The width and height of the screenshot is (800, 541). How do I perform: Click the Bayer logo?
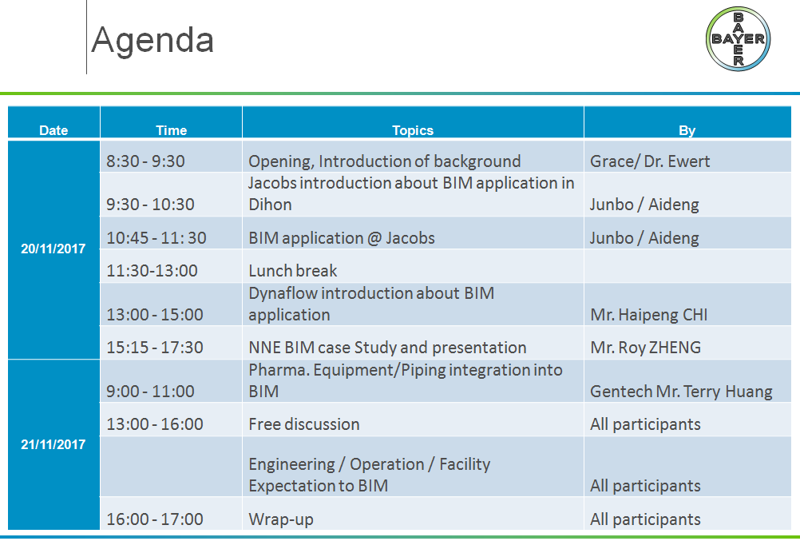click(x=738, y=39)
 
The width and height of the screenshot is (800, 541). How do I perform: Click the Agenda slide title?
click(x=152, y=41)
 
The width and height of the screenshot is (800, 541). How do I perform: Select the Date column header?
click(x=53, y=130)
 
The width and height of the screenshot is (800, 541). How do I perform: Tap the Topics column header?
click(x=413, y=130)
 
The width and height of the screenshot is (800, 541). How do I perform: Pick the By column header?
click(x=687, y=131)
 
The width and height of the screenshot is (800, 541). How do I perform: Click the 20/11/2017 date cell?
click(x=53, y=249)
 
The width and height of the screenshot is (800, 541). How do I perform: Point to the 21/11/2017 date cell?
click(x=53, y=444)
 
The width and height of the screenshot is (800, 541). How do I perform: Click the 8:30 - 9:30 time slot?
click(x=145, y=161)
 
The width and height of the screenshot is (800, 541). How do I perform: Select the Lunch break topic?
click(x=293, y=271)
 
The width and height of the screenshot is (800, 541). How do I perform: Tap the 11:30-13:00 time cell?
click(x=152, y=271)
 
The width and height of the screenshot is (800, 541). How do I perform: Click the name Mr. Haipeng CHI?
click(x=649, y=315)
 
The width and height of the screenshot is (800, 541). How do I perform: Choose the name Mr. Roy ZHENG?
click(x=645, y=348)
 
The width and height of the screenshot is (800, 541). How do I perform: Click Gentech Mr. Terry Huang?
click(x=681, y=392)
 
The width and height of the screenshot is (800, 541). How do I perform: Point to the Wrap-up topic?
click(x=281, y=519)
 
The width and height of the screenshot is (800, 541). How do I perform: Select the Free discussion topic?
click(x=304, y=424)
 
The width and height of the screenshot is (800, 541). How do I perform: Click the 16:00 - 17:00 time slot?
click(x=155, y=519)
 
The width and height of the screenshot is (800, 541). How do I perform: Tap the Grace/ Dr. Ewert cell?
click(x=650, y=161)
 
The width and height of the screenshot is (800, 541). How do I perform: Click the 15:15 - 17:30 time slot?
click(x=155, y=348)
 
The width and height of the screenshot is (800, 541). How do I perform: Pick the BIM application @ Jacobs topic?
click(x=342, y=238)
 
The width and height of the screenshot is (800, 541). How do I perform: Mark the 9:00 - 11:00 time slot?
click(x=151, y=392)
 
